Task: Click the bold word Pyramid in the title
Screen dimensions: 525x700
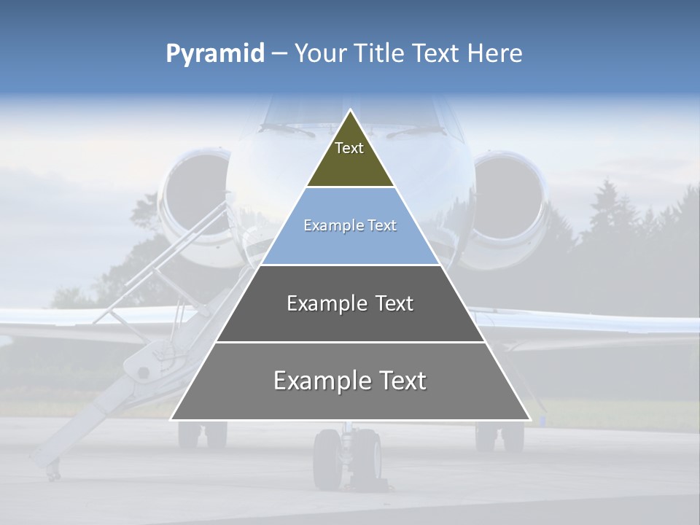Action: pos(215,54)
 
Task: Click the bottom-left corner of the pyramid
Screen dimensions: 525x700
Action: pos(172,419)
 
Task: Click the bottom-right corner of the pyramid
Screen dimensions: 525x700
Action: pos(529,419)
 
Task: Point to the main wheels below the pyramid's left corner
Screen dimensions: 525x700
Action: pos(203,435)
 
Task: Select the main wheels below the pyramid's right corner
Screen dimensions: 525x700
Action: pos(499,436)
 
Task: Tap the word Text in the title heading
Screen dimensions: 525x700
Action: pos(437,54)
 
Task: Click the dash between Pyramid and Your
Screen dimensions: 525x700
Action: pos(279,54)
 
